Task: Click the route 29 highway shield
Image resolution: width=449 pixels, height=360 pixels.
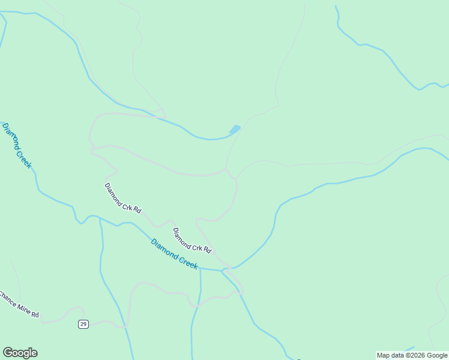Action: coord(83,324)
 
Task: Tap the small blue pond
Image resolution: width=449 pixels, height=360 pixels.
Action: coord(235,129)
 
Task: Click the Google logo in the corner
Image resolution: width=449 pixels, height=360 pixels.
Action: coord(20,353)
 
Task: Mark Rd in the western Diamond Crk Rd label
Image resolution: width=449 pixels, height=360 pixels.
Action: coord(138,211)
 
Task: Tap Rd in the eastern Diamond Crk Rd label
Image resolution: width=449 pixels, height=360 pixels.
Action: coord(207,249)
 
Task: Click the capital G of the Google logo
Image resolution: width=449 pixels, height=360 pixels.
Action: coord(7,353)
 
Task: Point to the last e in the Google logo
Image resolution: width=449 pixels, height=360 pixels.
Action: coord(34,353)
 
